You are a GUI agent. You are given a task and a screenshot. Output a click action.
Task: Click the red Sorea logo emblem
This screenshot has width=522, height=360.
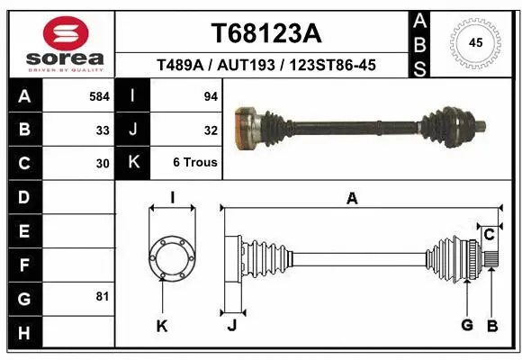coord(67,33)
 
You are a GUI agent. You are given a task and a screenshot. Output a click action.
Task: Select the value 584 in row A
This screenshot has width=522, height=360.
coord(99,95)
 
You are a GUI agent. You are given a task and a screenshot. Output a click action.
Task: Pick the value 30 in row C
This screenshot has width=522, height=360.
coord(103,164)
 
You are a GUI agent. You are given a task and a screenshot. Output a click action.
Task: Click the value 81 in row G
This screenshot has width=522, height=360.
coord(103,296)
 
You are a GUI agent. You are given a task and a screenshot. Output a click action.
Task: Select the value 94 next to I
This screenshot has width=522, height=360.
coord(211,95)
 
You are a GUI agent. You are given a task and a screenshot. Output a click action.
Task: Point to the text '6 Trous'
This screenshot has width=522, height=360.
coord(195,163)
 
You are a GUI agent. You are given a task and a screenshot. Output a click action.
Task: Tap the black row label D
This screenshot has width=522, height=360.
coord(23,197)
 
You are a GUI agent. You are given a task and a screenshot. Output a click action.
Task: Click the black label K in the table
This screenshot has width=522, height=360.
coord(133,163)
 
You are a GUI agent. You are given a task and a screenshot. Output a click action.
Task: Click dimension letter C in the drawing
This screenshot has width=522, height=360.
coord(490,235)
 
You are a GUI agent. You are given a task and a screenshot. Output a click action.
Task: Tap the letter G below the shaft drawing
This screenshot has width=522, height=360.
coord(466,325)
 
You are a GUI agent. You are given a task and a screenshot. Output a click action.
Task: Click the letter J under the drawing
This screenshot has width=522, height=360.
coord(231,325)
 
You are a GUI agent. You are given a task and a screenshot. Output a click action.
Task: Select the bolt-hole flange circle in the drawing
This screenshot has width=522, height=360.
coord(171,259)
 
